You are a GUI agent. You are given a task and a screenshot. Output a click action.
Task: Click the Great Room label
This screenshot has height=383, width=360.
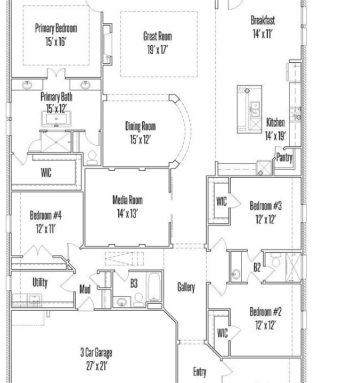tap(158, 36)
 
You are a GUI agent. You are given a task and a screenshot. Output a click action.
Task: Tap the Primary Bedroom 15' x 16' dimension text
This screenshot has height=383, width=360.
tap(56, 41)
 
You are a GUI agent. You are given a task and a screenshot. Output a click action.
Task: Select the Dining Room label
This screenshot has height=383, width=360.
tap(141, 126)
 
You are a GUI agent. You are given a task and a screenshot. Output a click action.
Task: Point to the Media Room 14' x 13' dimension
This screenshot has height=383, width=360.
tap(127, 213)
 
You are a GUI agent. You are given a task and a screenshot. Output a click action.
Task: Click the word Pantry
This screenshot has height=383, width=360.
tap(284, 157)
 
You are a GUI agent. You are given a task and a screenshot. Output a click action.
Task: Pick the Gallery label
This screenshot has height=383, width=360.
tap(186, 287)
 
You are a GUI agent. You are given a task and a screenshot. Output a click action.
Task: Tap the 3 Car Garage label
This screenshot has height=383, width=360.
tap(96, 353)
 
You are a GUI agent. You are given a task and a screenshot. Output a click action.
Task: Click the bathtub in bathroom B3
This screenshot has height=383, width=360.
tap(154, 287)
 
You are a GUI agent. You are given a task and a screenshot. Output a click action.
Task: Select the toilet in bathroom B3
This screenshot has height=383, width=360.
tap(138, 299)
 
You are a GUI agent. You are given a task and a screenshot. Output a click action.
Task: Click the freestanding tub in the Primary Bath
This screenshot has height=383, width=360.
tap(56, 119)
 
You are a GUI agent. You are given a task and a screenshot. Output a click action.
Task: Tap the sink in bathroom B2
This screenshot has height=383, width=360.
tap(236, 274)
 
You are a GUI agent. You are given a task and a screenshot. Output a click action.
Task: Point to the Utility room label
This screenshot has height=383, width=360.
tap(40, 282)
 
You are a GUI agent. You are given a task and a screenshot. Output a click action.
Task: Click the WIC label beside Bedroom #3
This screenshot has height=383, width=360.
tap(222, 202)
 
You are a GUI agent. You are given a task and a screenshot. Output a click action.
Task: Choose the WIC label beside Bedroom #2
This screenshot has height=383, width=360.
tap(222, 333)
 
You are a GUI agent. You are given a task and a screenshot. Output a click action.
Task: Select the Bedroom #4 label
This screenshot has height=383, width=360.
tap(46, 215)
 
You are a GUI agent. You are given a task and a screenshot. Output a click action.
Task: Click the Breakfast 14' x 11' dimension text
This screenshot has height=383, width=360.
tap(263, 34)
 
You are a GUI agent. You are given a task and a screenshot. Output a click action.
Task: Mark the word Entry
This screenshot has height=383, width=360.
tap(200, 372)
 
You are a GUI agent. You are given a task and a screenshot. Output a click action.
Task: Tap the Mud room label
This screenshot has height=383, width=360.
tap(85, 289)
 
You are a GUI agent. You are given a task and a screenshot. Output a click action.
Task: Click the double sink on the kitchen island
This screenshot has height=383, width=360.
tap(255, 110)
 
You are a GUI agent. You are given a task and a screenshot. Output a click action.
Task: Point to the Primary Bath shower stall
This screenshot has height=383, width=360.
tap(56, 142)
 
